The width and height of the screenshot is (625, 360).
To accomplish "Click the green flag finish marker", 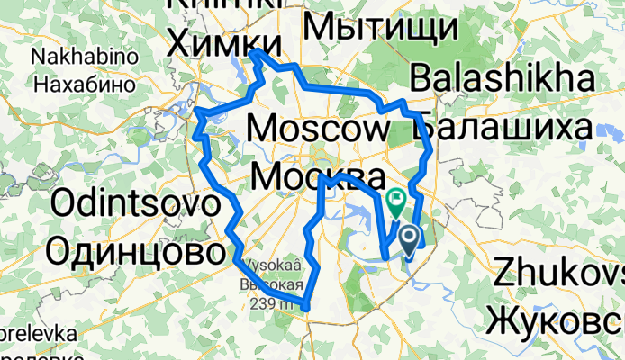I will pyautogui.click(x=394, y=198).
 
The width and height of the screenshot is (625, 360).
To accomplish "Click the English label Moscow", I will pyautogui.click(x=316, y=130).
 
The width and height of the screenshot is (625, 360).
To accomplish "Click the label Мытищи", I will pyautogui.click(x=379, y=27).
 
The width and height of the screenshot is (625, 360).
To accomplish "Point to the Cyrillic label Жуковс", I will pyautogui.click(x=555, y=319).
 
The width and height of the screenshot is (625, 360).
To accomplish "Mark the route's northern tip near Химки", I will pyautogui.click(x=256, y=53).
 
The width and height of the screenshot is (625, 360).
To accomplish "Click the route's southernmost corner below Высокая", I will pyautogui.click(x=307, y=308).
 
